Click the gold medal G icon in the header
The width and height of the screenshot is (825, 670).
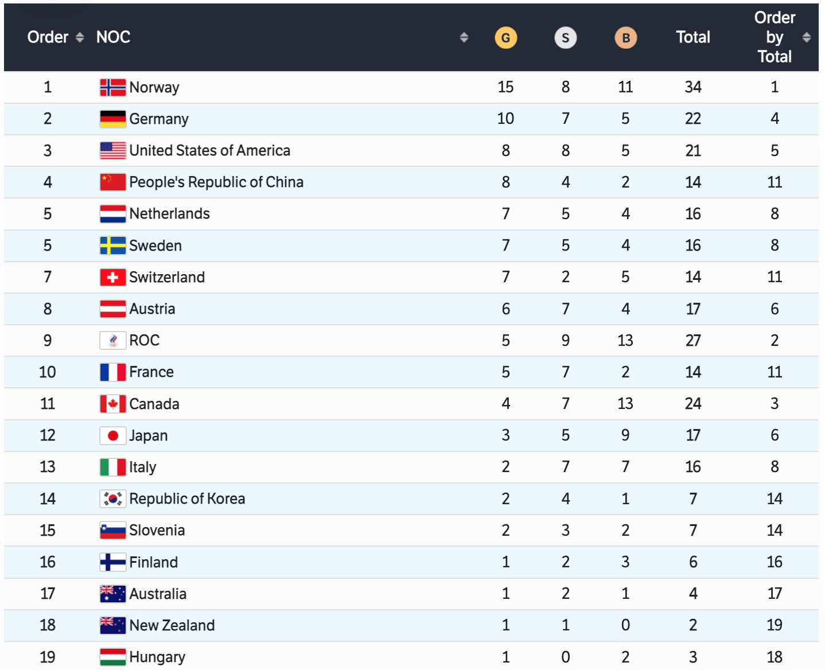[x=505, y=38]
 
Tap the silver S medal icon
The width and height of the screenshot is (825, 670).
[x=565, y=38]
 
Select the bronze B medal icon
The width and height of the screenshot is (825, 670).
[x=625, y=38]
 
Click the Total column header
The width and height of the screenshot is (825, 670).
[x=693, y=37]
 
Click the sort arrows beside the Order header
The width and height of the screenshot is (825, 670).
[x=80, y=37]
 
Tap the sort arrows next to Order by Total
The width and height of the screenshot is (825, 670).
[x=807, y=37]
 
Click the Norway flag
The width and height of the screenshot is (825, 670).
[x=112, y=87]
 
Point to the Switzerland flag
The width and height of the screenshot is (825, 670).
[x=112, y=278]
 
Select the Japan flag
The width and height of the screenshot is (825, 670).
[x=112, y=436]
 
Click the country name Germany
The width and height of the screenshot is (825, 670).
[x=159, y=119]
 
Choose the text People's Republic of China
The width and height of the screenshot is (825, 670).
[x=216, y=182]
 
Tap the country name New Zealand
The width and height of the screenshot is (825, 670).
[x=172, y=625]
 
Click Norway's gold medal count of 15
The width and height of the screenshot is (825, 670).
[x=505, y=87]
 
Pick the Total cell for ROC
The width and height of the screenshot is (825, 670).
[x=693, y=341]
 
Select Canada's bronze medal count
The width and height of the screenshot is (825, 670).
[x=625, y=404]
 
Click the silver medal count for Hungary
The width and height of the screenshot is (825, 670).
[x=565, y=657]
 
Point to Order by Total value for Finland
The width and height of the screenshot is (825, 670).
[x=775, y=562]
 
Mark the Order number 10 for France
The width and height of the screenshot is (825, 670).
[x=48, y=372]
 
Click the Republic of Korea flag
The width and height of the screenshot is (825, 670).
[x=112, y=499]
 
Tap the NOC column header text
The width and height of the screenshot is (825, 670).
[x=113, y=37]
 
